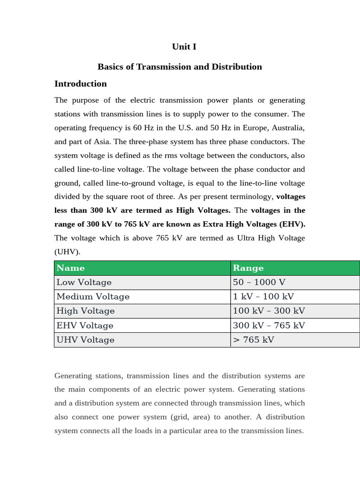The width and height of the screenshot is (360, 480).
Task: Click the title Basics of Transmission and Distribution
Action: tap(180, 67)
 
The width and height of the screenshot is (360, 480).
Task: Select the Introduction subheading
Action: tap(81, 84)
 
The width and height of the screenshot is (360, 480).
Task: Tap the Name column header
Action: tap(71, 268)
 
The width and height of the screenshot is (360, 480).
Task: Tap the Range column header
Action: tap(248, 268)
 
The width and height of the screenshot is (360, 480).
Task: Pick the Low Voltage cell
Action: tap(84, 282)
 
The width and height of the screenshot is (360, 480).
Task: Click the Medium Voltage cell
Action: tap(93, 297)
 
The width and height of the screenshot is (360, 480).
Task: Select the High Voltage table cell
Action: tap(85, 311)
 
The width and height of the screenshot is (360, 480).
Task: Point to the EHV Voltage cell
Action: tap(85, 325)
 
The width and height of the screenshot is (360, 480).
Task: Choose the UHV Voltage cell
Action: tap(85, 340)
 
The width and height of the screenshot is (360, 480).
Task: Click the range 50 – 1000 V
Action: tap(259, 282)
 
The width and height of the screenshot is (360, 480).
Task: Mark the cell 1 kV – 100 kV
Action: tap(263, 297)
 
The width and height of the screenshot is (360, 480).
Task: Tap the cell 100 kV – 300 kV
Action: tap(269, 311)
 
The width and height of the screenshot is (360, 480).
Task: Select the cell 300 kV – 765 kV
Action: tap(269, 325)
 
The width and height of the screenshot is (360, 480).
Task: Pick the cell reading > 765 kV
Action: tap(254, 340)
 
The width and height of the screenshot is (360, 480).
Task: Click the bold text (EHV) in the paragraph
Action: tap(292, 224)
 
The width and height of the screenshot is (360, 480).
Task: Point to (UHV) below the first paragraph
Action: tap(67, 252)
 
